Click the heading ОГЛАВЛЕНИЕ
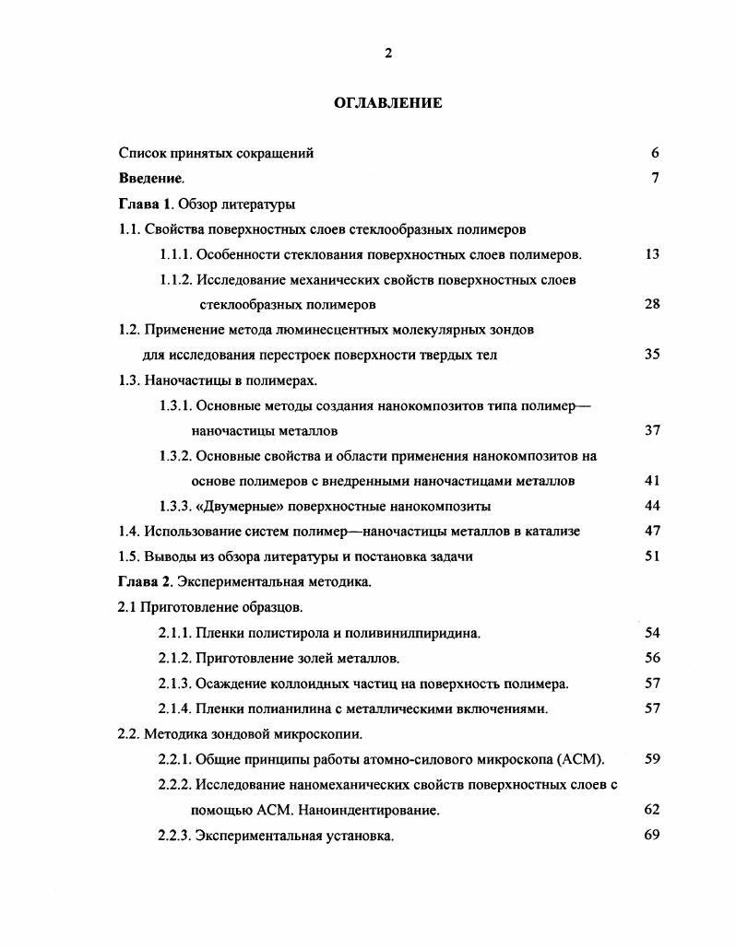click(387, 103)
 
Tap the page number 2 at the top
click(387, 53)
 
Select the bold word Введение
click(150, 179)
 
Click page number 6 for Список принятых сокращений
click(654, 153)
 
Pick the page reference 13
click(652, 254)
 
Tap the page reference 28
click(652, 304)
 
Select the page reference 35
click(652, 355)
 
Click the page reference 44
click(652, 506)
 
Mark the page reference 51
click(652, 556)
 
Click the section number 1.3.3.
click(175, 506)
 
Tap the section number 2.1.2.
click(175, 658)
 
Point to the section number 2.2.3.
click(175, 837)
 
